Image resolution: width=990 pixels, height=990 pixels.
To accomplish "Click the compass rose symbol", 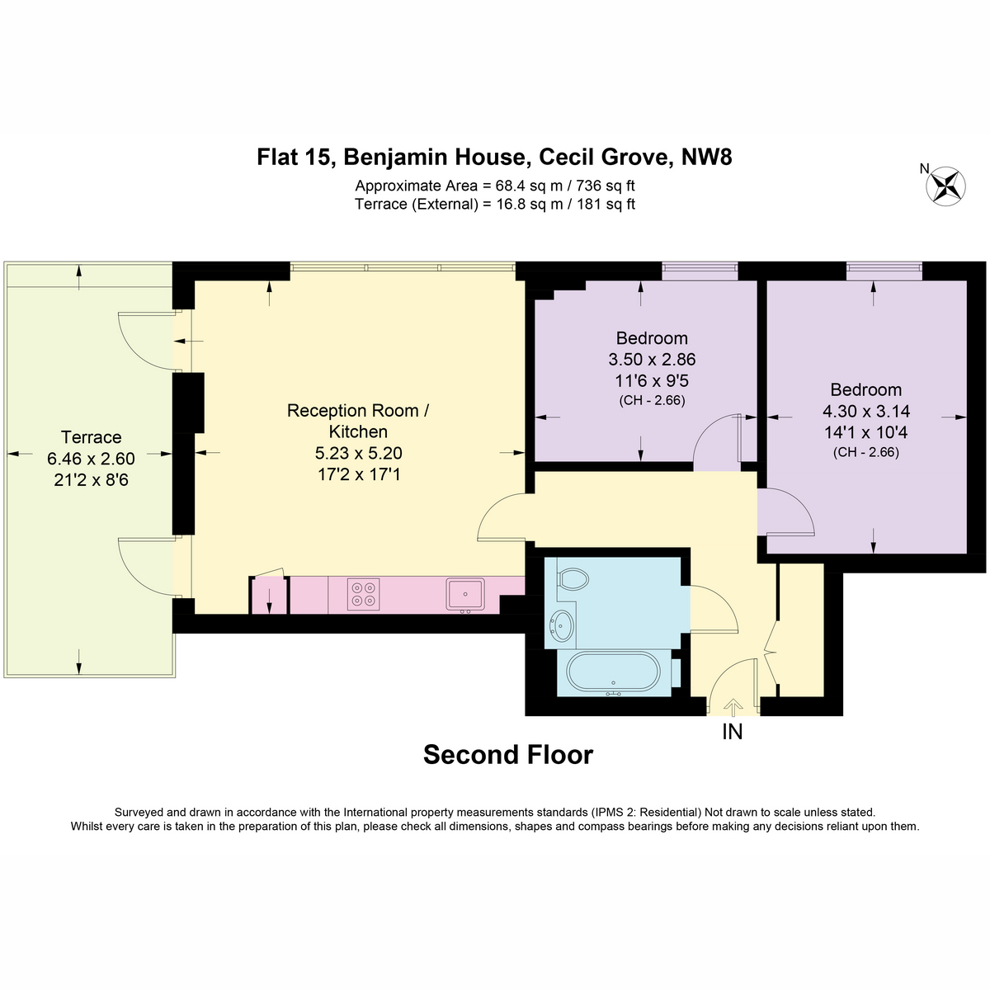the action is pos(945,186).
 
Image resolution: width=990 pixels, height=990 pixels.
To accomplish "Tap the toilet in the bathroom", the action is pos(572,579).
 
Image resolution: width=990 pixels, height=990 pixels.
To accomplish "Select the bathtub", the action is pos(613,673).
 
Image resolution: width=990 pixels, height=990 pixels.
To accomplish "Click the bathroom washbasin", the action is pos(563,625).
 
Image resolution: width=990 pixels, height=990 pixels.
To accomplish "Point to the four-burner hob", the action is pos(363,594).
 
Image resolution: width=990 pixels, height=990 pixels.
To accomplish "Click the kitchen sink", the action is pos(465,594).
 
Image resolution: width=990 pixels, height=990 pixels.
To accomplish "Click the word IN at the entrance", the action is pos(732,731).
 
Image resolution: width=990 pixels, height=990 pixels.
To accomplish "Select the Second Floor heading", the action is pos(507,755).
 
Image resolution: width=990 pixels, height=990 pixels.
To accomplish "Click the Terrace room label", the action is pos(91,437).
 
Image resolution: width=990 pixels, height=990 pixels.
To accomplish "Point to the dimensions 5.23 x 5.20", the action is pos(358,453).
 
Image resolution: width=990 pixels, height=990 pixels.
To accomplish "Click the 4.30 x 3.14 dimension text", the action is pos(865,411).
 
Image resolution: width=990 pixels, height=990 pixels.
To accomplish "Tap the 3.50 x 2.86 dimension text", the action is pos(652,359).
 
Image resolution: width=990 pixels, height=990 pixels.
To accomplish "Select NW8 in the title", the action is pos(706,158).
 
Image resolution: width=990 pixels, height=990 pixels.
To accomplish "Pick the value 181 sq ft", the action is pos(606,204).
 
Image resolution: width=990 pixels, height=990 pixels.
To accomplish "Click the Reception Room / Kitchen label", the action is pos(358,421).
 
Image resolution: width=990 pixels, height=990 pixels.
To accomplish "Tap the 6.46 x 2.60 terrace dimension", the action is pos(91,458).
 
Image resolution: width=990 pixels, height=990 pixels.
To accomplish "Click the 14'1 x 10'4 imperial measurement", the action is pos(865,432).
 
